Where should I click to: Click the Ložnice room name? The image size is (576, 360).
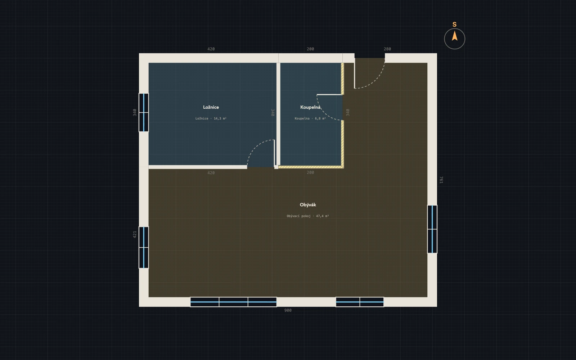(211, 107)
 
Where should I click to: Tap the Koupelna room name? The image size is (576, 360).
(310, 107)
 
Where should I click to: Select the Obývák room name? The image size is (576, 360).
(308, 205)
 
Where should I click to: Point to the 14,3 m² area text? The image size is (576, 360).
(220, 118)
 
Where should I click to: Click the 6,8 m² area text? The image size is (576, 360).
(320, 118)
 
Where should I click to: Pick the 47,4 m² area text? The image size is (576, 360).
(323, 216)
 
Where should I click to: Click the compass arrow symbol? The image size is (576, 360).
(455, 36)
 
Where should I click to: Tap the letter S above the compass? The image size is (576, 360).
(454, 24)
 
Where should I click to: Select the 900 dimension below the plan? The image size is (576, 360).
(288, 310)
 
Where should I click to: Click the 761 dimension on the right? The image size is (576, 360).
(441, 180)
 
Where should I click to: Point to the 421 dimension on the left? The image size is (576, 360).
(135, 234)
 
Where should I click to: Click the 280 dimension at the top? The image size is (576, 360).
(387, 49)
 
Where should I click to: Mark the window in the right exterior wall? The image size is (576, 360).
(432, 229)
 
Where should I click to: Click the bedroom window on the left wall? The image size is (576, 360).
(144, 112)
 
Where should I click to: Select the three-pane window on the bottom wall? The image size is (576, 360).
(234, 302)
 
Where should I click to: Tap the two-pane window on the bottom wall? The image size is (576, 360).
(360, 302)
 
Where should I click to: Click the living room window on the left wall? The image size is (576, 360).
(144, 247)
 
